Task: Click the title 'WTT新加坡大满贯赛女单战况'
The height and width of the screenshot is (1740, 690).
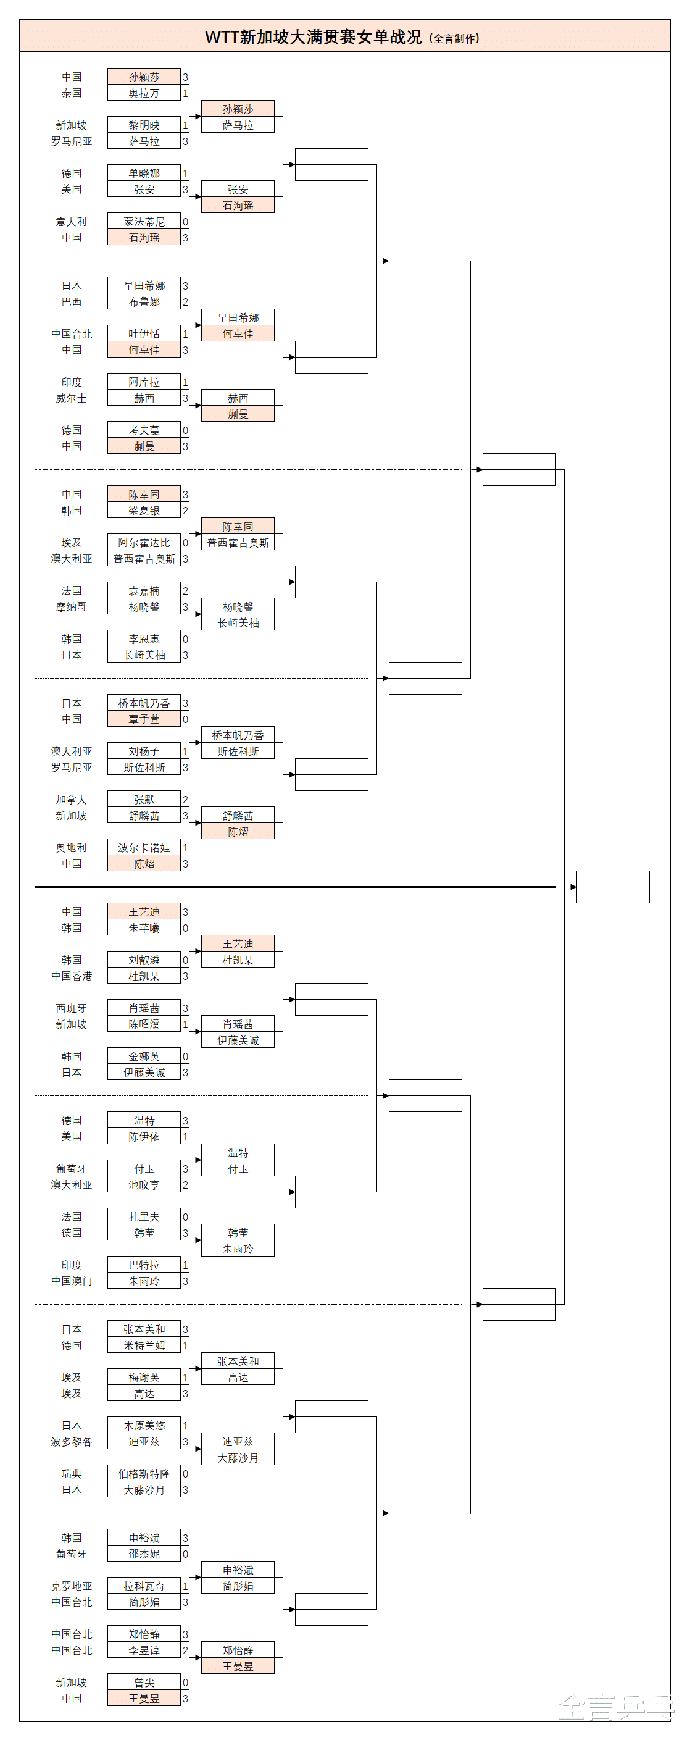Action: [x=314, y=37]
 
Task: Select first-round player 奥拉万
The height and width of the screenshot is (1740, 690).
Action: [x=144, y=93]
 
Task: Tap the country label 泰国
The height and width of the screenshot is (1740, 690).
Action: [x=72, y=93]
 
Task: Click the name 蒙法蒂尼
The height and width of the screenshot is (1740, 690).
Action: [x=144, y=222]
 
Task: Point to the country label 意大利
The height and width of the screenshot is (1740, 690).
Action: [x=72, y=222]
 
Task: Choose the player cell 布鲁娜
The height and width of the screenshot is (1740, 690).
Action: [x=144, y=302]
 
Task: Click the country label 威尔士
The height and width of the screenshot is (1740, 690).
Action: [x=72, y=398]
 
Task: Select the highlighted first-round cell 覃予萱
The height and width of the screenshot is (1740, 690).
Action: [x=144, y=719]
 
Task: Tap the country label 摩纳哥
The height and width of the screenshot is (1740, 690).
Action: [x=72, y=606]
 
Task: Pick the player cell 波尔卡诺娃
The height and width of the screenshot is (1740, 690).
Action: [x=144, y=848]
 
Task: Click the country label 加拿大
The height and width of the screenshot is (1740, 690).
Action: [x=72, y=800]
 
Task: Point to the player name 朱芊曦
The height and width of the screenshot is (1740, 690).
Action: [x=144, y=928]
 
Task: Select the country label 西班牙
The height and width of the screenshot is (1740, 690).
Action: [x=72, y=1008]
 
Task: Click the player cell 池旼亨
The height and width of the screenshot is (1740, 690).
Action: [x=144, y=1185]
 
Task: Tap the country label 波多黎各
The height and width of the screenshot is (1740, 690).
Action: [x=72, y=1441]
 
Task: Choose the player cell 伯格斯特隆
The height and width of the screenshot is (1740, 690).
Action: [x=144, y=1473]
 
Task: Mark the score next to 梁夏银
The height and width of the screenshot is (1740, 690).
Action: [x=185, y=511]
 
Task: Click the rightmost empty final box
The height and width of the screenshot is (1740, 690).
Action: [x=613, y=887]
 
